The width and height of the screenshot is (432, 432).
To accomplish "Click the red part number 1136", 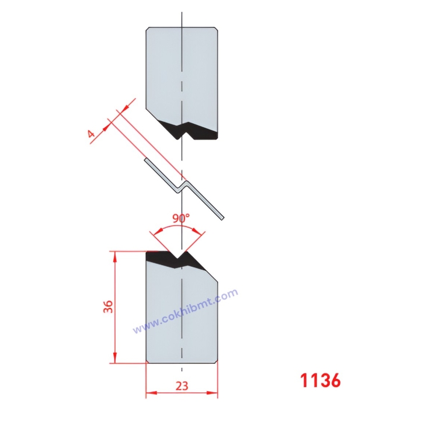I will click(x=320, y=381).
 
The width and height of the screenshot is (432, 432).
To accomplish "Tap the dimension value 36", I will click(x=107, y=307).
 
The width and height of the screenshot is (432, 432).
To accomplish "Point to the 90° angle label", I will click(x=180, y=218).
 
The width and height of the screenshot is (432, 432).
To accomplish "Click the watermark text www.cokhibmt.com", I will click(x=185, y=312).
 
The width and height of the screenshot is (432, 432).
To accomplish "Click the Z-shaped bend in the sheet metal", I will click(x=182, y=185).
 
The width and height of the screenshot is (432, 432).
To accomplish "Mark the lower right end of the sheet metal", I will click(x=222, y=218).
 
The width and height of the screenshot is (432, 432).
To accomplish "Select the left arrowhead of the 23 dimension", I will click(x=149, y=394).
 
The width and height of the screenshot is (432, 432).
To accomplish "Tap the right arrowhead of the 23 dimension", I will click(x=214, y=394).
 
